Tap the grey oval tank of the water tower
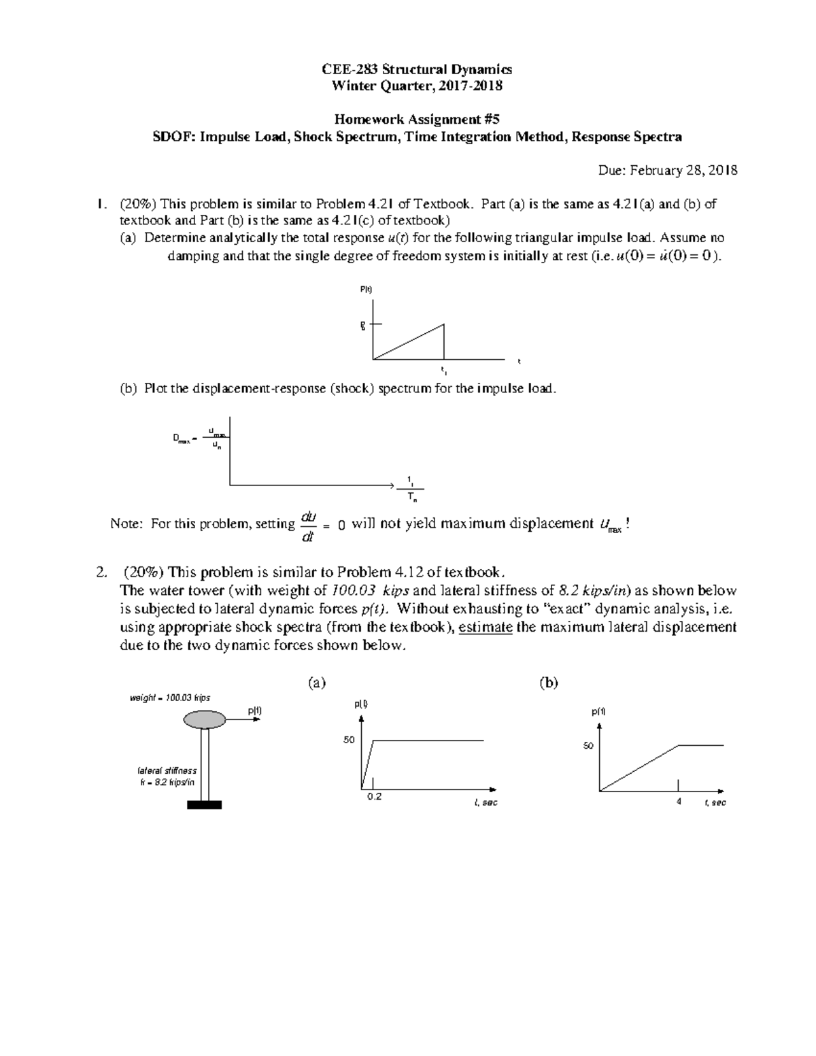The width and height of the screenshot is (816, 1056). coord(205,719)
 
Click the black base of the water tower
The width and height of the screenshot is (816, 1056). coord(205,805)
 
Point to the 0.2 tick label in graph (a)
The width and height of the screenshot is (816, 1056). coord(374,797)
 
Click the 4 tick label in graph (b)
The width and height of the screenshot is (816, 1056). coord(679,802)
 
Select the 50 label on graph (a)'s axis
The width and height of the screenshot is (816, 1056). coord(349,740)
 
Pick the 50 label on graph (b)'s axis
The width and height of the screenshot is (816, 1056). coord(588,746)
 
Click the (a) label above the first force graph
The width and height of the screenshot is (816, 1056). coord(316,683)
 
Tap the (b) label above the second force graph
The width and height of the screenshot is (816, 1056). coord(548,683)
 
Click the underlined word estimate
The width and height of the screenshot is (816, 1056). coord(486,627)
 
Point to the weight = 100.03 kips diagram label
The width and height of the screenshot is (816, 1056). coord(170,698)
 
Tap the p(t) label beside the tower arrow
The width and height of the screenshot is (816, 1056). coord(254,711)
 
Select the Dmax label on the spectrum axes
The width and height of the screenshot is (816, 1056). coord(184,440)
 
